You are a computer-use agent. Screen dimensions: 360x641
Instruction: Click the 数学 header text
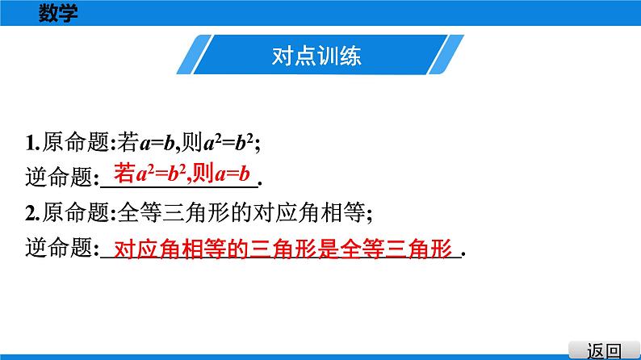(x=58, y=13)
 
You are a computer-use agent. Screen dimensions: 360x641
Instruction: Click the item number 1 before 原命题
(x=30, y=144)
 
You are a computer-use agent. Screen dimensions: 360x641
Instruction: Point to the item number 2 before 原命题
(x=30, y=214)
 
